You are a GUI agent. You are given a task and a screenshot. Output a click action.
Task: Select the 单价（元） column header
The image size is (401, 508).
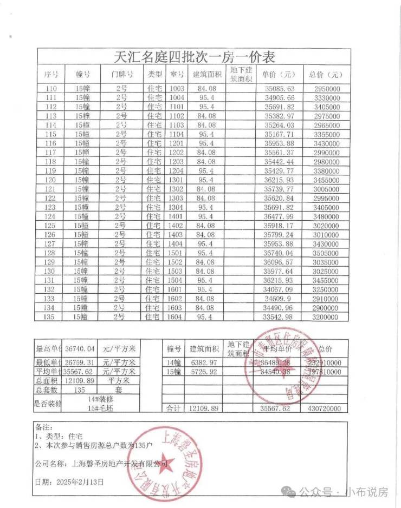tap(279, 74)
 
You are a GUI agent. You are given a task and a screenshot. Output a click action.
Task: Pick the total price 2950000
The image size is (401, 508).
tap(326, 89)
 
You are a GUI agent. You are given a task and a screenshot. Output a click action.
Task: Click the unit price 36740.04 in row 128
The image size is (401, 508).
tap(279, 253)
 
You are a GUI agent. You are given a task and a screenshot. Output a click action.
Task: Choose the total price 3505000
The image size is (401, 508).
tap(326, 253)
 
